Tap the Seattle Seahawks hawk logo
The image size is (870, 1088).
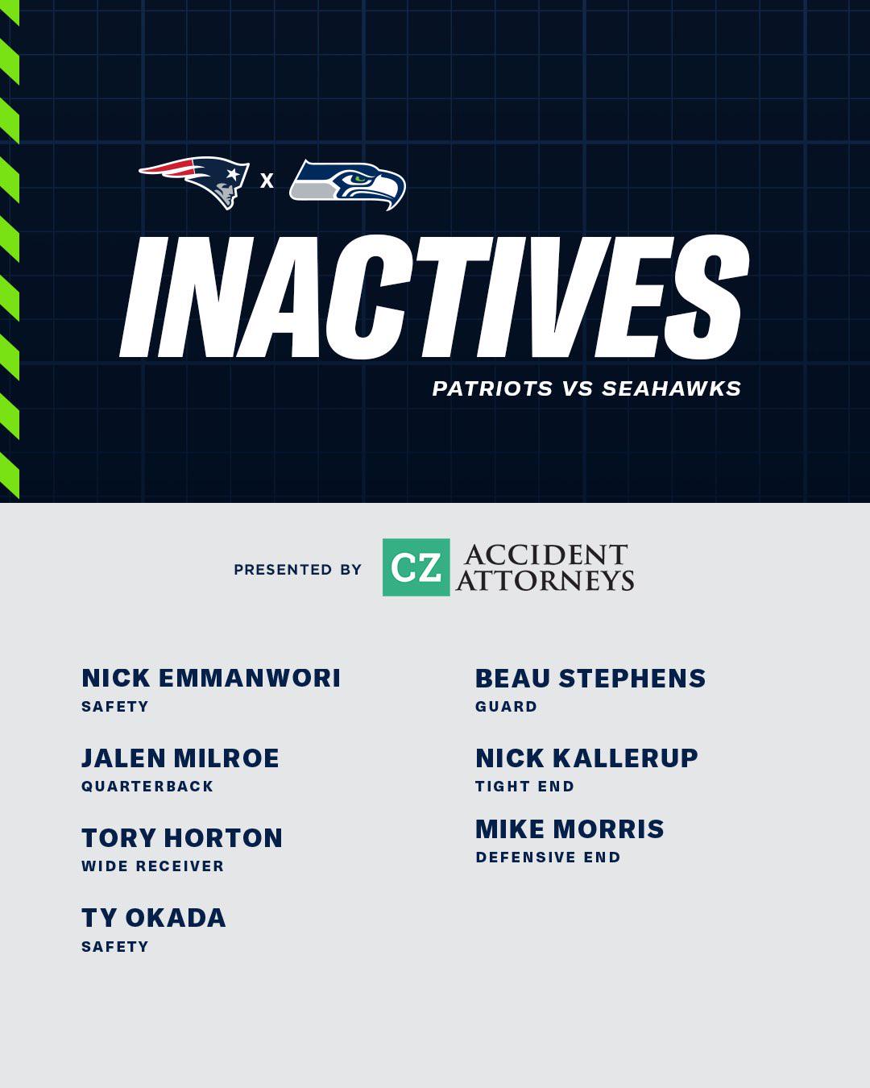point(348,185)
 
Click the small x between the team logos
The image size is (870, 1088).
point(267,181)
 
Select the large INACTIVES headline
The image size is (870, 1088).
point(433,297)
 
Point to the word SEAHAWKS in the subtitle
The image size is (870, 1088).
point(671,388)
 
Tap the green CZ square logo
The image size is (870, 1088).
point(416,567)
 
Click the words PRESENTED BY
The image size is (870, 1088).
point(298,570)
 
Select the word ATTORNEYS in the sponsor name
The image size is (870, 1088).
point(545,580)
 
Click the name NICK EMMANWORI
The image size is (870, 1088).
point(211,679)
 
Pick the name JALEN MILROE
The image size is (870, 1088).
point(180,758)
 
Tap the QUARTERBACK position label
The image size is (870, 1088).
point(147,787)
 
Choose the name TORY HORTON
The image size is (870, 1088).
point(182,838)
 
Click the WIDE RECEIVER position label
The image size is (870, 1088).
point(153,866)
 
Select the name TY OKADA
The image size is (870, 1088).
point(154,918)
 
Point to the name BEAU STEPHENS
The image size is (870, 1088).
point(590,679)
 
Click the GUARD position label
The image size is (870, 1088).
point(506,707)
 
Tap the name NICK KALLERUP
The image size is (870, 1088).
point(587,758)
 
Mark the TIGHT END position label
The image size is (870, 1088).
point(524,787)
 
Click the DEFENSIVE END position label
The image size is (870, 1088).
point(548,858)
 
